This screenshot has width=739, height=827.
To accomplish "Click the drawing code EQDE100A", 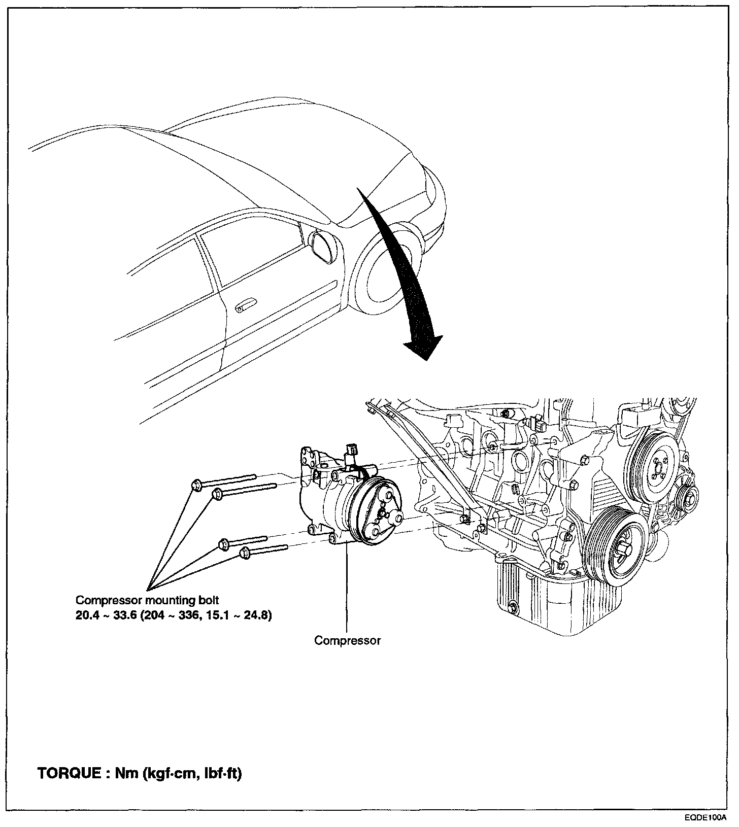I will click(705, 818).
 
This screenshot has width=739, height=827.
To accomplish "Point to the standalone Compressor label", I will click(347, 640).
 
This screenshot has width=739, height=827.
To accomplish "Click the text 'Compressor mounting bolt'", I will click(147, 600).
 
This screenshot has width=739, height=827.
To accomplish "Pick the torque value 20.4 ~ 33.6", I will click(106, 615).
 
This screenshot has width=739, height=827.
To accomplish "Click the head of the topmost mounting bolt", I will click(196, 485).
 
